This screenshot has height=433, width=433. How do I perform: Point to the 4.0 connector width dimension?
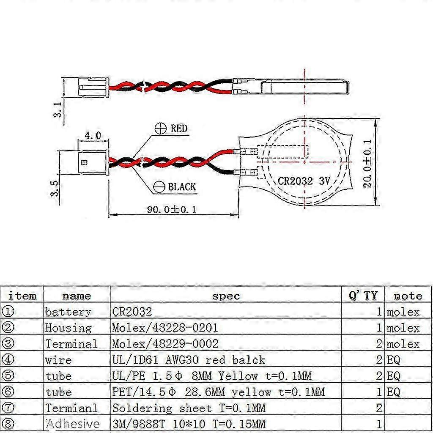pyautogui.click(x=93, y=136)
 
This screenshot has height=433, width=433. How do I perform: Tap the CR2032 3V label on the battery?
pyautogui.click(x=304, y=181)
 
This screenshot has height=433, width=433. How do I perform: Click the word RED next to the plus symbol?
pyautogui.click(x=179, y=129)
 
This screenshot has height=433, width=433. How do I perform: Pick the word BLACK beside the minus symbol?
pyautogui.click(x=182, y=187)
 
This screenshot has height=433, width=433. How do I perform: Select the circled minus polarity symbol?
pyautogui.click(x=159, y=187)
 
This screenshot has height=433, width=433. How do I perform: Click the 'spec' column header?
pyautogui.click(x=225, y=296)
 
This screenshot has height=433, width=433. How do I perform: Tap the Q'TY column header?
pyautogui.click(x=363, y=295)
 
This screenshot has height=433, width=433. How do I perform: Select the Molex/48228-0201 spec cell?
pyautogui.click(x=165, y=328)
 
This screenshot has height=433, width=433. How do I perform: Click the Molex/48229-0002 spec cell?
pyautogui.click(x=165, y=344)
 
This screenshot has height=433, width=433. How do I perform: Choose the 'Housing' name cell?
pyautogui.click(x=68, y=328)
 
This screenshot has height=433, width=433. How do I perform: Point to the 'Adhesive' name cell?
pyautogui.click(x=72, y=424)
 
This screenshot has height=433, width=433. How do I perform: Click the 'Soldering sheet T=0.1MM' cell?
pyautogui.click(x=189, y=408)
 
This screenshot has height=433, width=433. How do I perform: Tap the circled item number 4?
pyautogui.click(x=8, y=360)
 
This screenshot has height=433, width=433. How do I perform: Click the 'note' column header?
pyautogui.click(x=408, y=296)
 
